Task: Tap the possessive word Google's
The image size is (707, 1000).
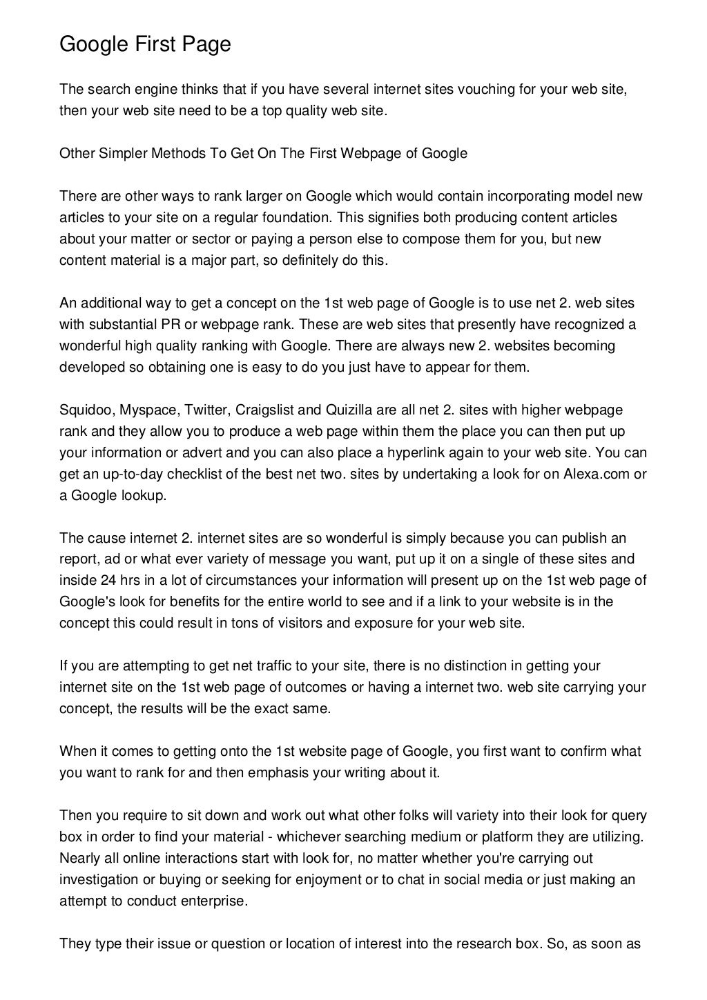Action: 84,602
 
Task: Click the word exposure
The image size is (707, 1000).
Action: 382,623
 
